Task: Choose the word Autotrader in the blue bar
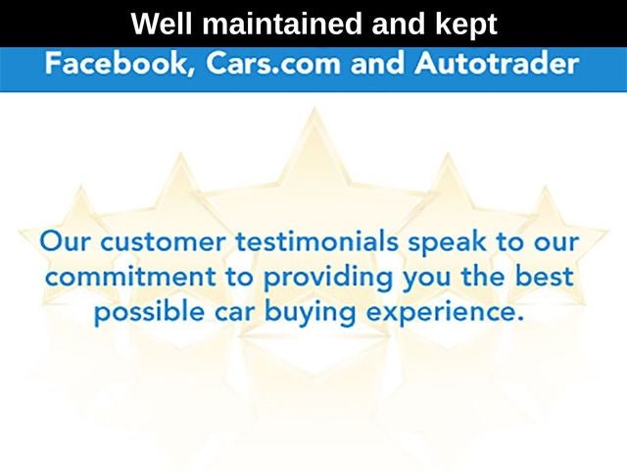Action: point(497,63)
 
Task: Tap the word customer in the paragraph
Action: point(163,242)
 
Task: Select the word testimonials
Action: point(316,241)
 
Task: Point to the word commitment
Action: point(130,277)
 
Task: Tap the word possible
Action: point(149,313)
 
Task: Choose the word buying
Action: point(310,313)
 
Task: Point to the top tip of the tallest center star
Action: point(314,107)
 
